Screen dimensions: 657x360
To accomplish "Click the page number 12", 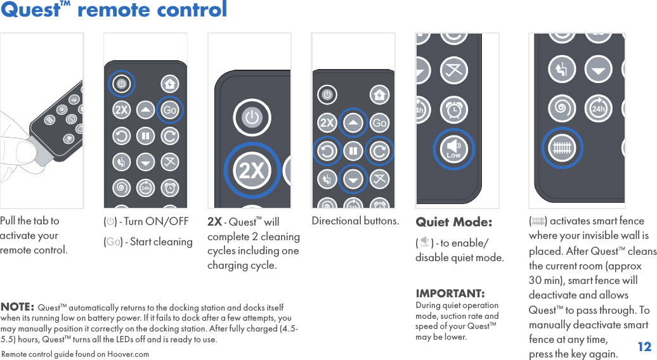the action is click(x=644, y=347).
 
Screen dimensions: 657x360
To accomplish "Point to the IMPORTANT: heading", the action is click(x=450, y=294).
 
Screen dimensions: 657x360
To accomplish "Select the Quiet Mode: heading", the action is click(x=453, y=222).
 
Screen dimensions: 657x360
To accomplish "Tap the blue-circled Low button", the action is click(x=453, y=150).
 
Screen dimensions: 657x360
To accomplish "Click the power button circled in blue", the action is click(x=121, y=83).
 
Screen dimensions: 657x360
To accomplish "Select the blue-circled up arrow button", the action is click(x=353, y=123).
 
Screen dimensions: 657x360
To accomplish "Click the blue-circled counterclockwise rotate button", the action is click(x=327, y=151).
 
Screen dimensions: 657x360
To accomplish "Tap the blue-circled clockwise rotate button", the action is click(x=379, y=151).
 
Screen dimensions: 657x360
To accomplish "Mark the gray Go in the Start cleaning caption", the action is click(x=113, y=242).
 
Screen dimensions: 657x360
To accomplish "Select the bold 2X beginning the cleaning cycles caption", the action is click(x=214, y=222).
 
